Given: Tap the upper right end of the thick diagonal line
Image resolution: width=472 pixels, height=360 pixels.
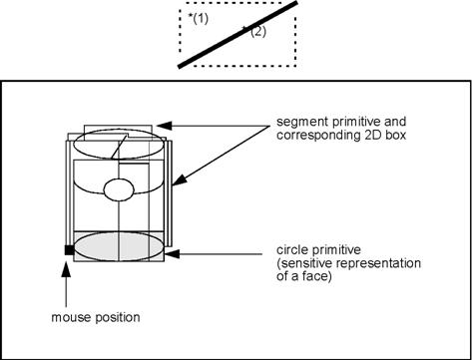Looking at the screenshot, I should pyautogui.click(x=296, y=5).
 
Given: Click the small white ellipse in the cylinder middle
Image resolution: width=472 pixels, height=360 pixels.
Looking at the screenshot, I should pyautogui.click(x=119, y=188).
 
